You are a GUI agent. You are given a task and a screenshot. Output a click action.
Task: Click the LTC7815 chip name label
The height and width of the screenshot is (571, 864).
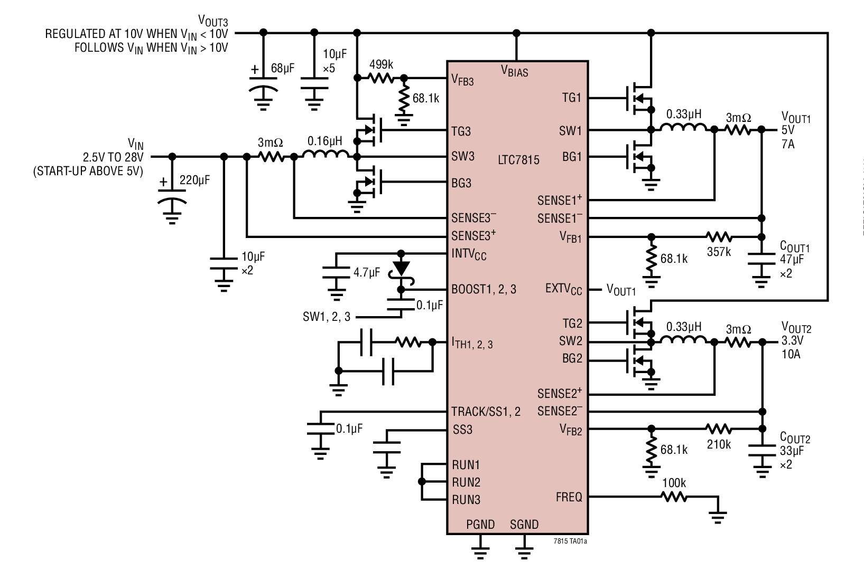point(518,159)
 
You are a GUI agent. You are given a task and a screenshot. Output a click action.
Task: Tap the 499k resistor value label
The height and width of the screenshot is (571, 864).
point(381,64)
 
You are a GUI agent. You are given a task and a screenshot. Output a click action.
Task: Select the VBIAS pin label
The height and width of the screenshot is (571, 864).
point(514,71)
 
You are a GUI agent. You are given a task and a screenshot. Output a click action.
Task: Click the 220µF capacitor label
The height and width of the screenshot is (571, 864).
point(194,180)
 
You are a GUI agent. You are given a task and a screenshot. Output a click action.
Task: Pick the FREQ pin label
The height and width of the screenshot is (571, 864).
point(569,497)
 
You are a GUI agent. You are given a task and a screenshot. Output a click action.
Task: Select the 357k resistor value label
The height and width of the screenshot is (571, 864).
point(719,252)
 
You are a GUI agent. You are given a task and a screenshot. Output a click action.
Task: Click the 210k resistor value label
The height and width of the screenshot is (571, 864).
point(719,444)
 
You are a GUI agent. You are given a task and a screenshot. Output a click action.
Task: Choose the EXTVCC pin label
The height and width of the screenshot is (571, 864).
point(563,289)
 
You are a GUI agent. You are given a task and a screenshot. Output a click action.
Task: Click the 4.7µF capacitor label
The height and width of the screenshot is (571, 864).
point(366,273)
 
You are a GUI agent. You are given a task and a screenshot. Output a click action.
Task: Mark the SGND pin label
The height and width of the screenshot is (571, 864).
point(524,525)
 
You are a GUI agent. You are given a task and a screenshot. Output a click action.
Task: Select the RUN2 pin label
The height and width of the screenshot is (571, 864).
point(466,482)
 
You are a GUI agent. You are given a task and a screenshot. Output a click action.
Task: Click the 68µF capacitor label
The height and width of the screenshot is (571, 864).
point(282,68)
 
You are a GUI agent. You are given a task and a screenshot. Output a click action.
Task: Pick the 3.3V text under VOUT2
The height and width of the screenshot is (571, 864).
point(791,341)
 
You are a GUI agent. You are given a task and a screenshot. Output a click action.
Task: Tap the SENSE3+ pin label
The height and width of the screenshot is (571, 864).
point(473,234)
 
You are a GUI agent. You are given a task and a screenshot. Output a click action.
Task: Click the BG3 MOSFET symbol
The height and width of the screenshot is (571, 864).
point(370,183)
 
